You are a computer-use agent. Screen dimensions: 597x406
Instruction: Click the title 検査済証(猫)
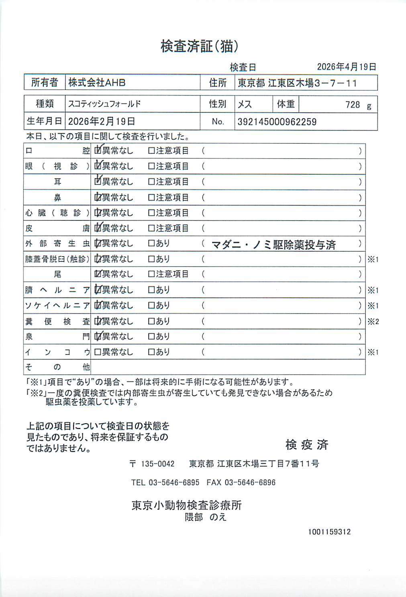pyautogui.click(x=200, y=47)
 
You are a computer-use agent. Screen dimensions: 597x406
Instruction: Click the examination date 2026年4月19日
pyautogui.click(x=346, y=67)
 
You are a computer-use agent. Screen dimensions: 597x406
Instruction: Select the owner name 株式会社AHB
pyautogui.click(x=97, y=83)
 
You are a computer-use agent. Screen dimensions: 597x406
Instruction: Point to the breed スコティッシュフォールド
pyautogui.click(x=104, y=104)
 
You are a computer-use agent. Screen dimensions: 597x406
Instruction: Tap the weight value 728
pyautogui.click(x=352, y=105)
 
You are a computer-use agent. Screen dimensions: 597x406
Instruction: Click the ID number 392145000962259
pyautogui.click(x=277, y=122)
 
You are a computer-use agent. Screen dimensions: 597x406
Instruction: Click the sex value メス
pyautogui.click(x=245, y=104)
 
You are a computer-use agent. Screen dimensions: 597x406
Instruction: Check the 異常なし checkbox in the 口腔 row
pyautogui.click(x=98, y=151)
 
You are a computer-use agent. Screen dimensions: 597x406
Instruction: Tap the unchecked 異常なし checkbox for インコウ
pyautogui.click(x=97, y=352)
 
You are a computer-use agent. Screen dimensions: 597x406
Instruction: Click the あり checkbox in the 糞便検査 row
pyautogui.click(x=151, y=321)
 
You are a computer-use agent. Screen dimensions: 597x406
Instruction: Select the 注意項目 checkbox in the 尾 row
pyautogui.click(x=151, y=274)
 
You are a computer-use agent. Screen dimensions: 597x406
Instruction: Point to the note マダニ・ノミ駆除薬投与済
pyautogui.click(x=273, y=245)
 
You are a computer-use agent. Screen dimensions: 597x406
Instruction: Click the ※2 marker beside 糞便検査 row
pyautogui.click(x=373, y=321)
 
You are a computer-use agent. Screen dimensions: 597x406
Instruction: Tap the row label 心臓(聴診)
pyautogui.click(x=57, y=213)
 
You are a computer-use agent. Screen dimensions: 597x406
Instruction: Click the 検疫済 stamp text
pyautogui.click(x=307, y=444)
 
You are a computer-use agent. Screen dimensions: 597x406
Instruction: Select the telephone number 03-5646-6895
pyautogui.click(x=174, y=482)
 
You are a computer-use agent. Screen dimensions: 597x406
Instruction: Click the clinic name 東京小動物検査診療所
pyautogui.click(x=186, y=505)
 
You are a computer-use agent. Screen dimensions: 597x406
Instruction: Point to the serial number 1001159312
pyautogui.click(x=329, y=532)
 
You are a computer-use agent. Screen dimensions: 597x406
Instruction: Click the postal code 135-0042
pyautogui.click(x=157, y=464)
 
